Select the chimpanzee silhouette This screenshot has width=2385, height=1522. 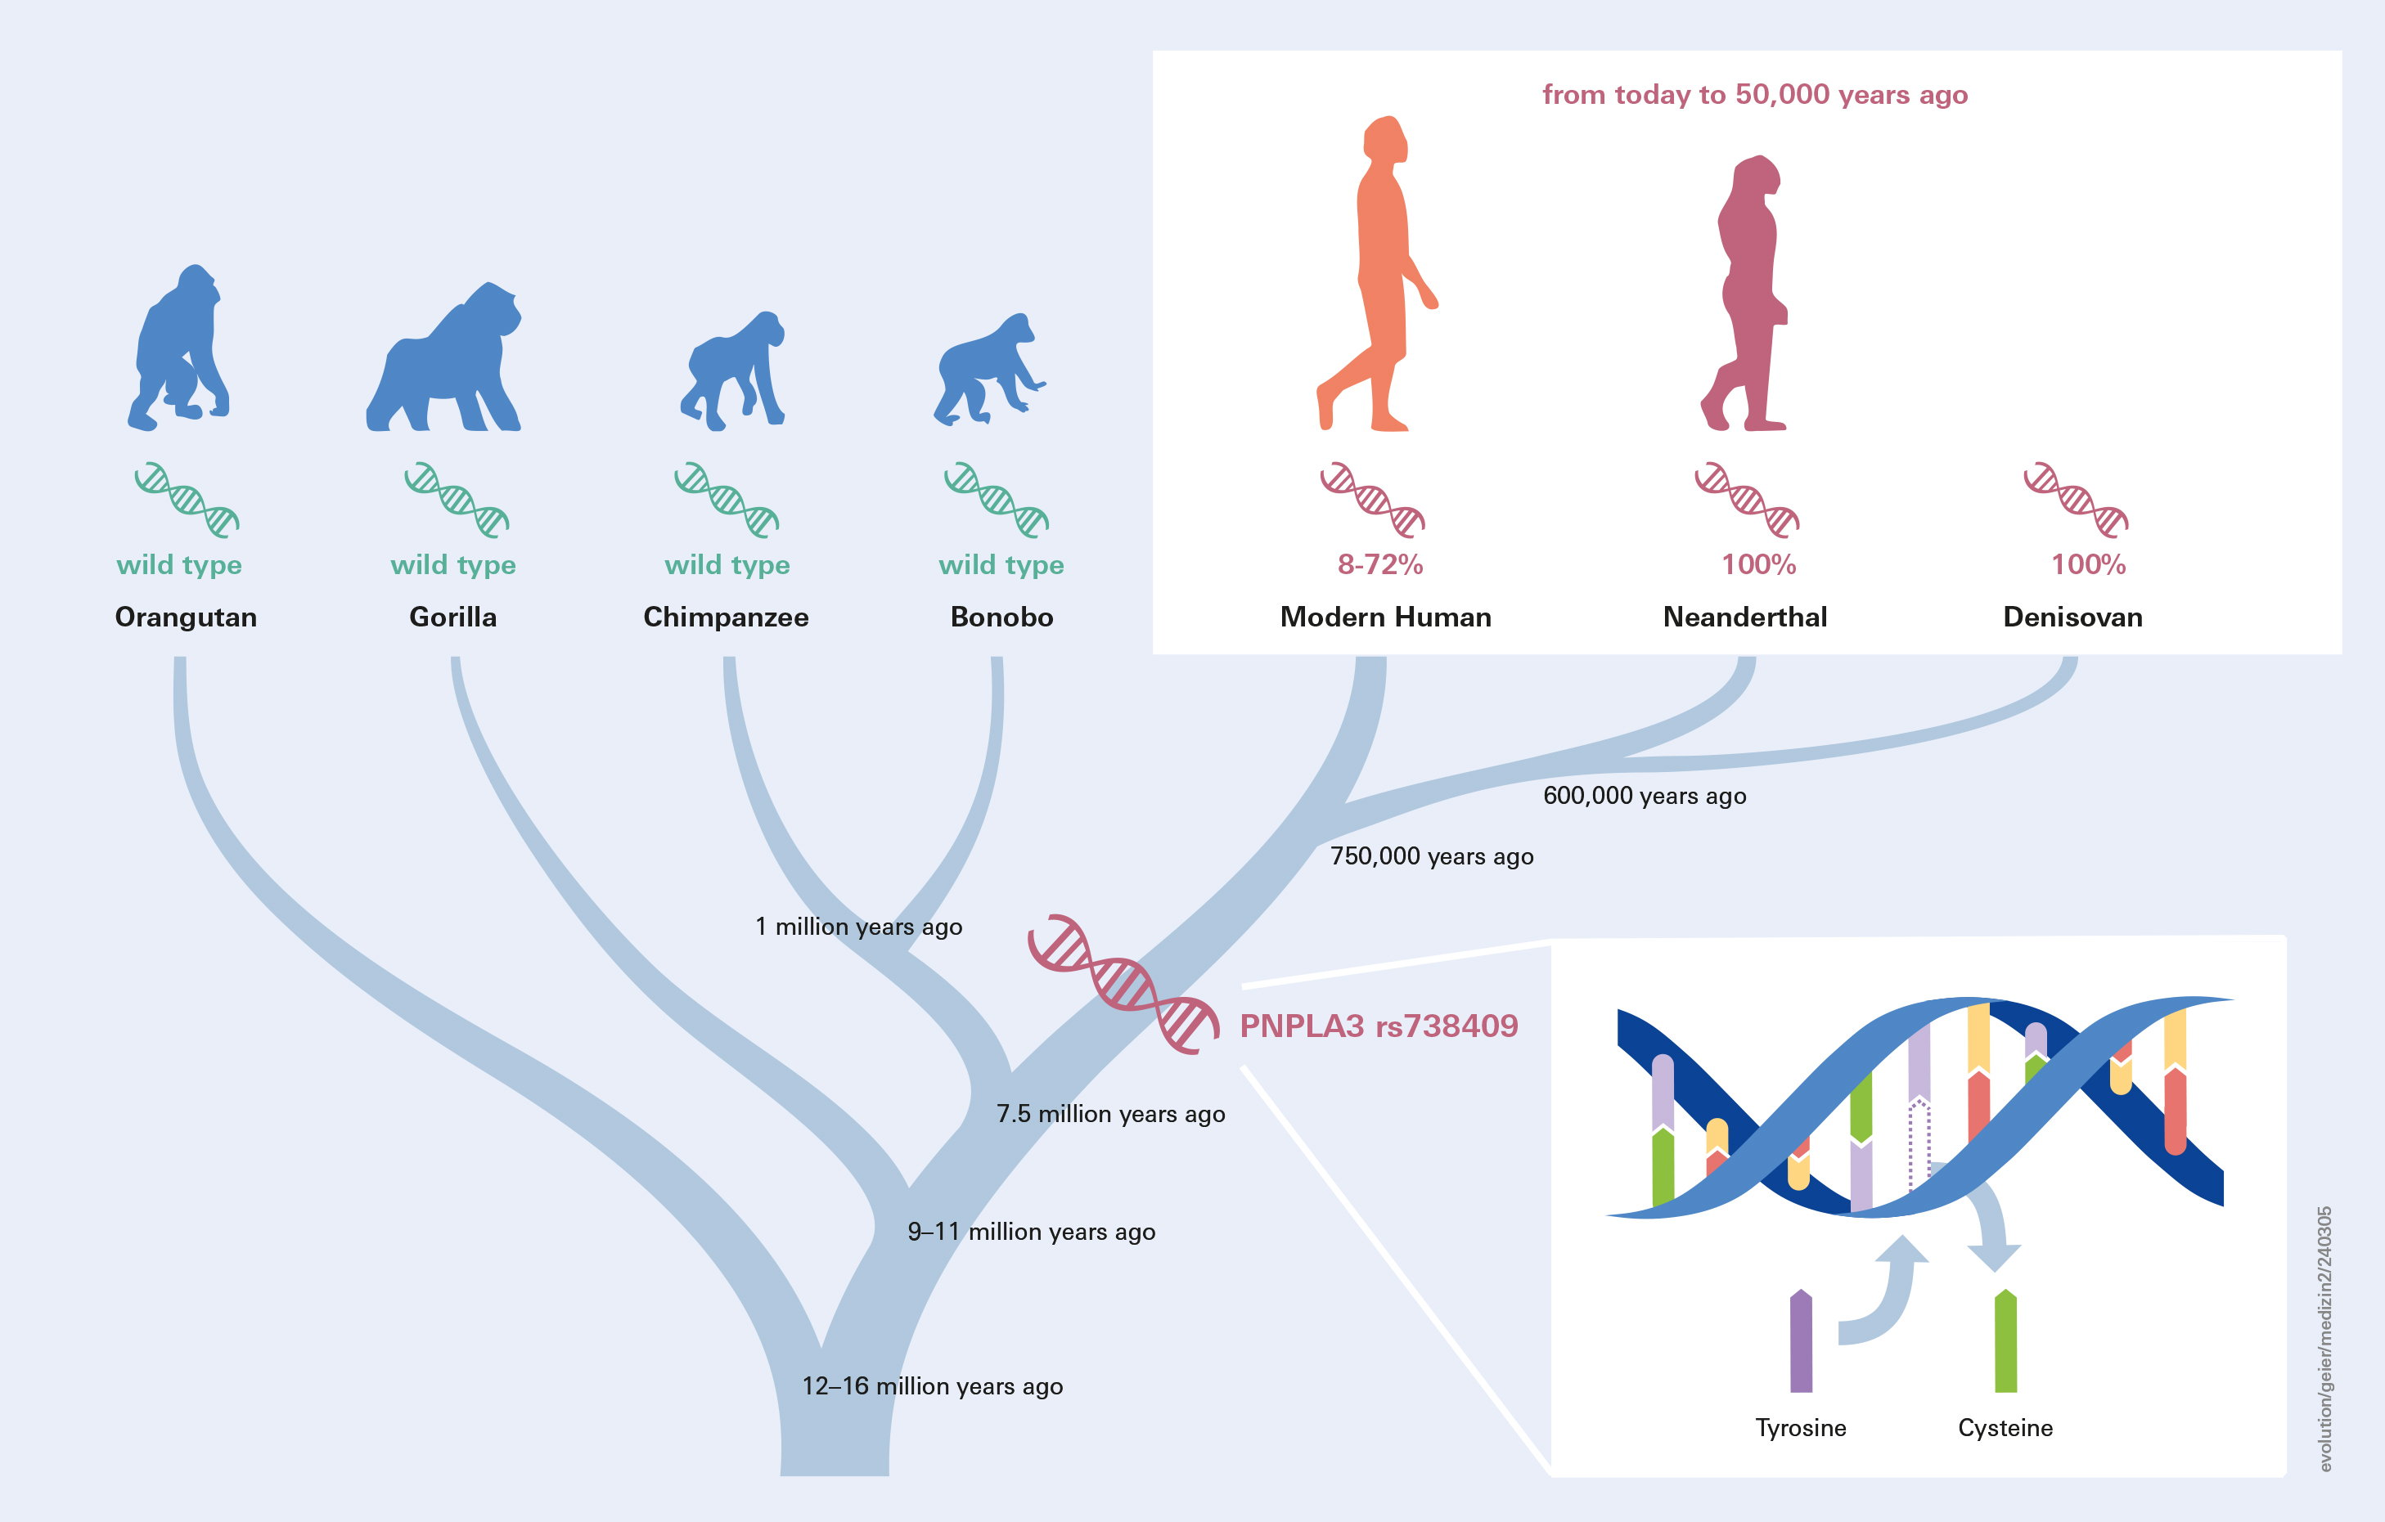pos(733,371)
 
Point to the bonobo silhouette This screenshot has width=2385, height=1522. pos(985,371)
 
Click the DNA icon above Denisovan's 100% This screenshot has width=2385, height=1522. pos(2076,499)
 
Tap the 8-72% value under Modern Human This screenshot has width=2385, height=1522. pos(1379,564)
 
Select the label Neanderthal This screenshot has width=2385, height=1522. pos(1745,617)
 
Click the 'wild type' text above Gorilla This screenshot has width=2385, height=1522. pos(452,564)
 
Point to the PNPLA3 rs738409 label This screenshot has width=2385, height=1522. pos(1379,1026)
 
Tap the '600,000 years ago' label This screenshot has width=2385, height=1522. pos(1645,796)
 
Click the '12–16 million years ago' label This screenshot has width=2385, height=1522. pos(932,1386)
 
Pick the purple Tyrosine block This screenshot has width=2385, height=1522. pos(1801,1342)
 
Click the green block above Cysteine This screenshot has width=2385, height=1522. pos(2005,1342)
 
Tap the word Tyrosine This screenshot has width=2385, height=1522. pos(1801,1428)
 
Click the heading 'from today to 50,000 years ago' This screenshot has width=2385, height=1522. pos(1754,95)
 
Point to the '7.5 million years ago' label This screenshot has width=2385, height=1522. pos(1110,1114)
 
